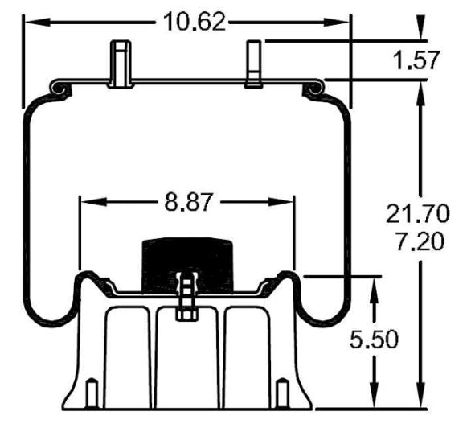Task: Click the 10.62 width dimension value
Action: [195, 20]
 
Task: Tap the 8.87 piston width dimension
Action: [189, 201]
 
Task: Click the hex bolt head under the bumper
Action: [185, 311]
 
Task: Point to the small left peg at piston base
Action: [92, 393]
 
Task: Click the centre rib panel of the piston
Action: [186, 354]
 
